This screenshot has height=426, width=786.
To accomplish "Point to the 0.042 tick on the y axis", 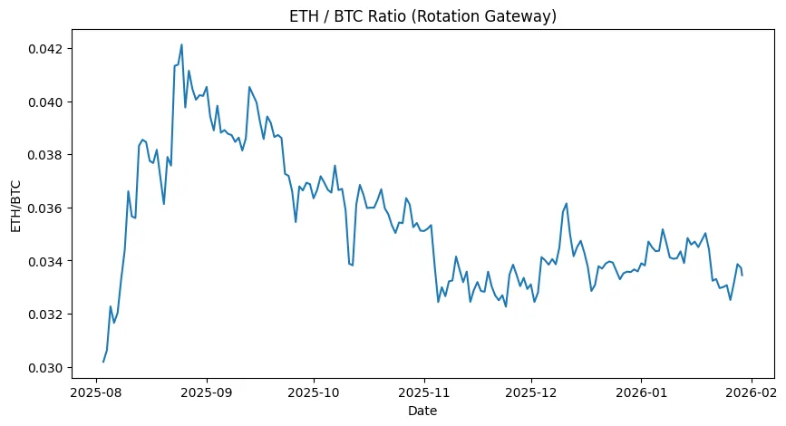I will [44, 48].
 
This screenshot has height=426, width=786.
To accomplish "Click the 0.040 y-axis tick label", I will [44, 102].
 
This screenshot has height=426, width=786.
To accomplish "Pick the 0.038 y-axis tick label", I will [44, 155].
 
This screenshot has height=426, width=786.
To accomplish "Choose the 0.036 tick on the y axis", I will [44, 208].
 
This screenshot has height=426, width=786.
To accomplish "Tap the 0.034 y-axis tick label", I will [44, 262].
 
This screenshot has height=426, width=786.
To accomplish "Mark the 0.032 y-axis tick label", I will [44, 315].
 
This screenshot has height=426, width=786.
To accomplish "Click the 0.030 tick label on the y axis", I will [44, 368].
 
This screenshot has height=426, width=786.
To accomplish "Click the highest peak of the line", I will [181, 44].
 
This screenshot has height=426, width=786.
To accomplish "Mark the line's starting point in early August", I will [103, 362].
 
